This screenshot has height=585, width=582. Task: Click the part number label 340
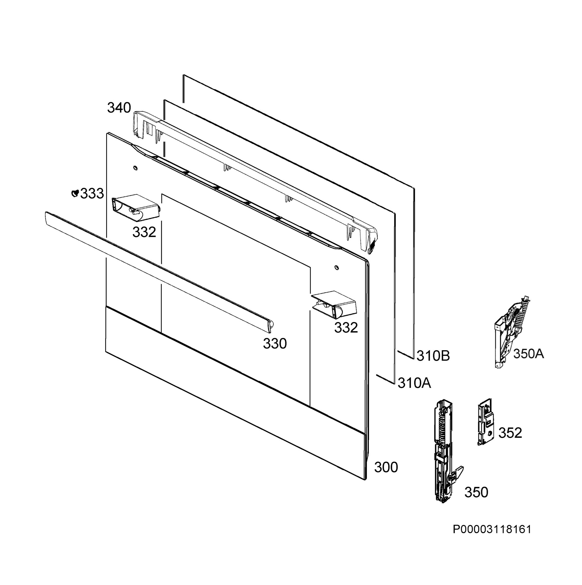(x=119, y=108)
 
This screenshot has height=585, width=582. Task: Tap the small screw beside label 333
(x=75, y=193)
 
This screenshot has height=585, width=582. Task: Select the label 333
(x=92, y=194)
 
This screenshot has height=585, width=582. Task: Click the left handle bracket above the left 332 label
(x=136, y=206)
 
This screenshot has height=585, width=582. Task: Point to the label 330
(x=275, y=344)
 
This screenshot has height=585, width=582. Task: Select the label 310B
(x=433, y=356)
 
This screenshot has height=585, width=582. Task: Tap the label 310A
(x=414, y=383)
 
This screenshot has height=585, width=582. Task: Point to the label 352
(x=510, y=433)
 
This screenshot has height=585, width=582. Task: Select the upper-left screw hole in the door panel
(x=135, y=167)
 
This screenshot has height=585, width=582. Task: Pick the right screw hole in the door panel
(x=337, y=268)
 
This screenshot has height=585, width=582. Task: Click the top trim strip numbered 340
(x=256, y=182)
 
